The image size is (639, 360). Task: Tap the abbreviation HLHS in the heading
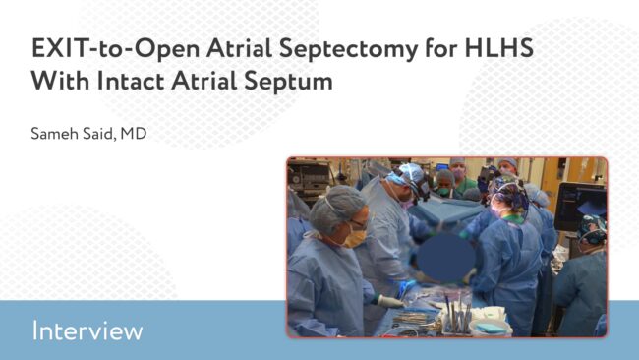point(498,47)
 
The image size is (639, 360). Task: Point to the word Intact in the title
point(131,81)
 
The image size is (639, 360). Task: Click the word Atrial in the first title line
point(239,48)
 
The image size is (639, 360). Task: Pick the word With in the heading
point(60,81)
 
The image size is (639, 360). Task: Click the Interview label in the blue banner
point(87,330)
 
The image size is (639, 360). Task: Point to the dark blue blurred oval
point(445,258)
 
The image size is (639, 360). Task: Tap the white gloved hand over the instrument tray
point(390,302)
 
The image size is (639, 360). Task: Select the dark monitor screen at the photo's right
point(580,207)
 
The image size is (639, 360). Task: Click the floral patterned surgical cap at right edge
point(594,229)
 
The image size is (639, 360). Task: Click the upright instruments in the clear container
point(458,313)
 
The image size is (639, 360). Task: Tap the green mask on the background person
point(443,191)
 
